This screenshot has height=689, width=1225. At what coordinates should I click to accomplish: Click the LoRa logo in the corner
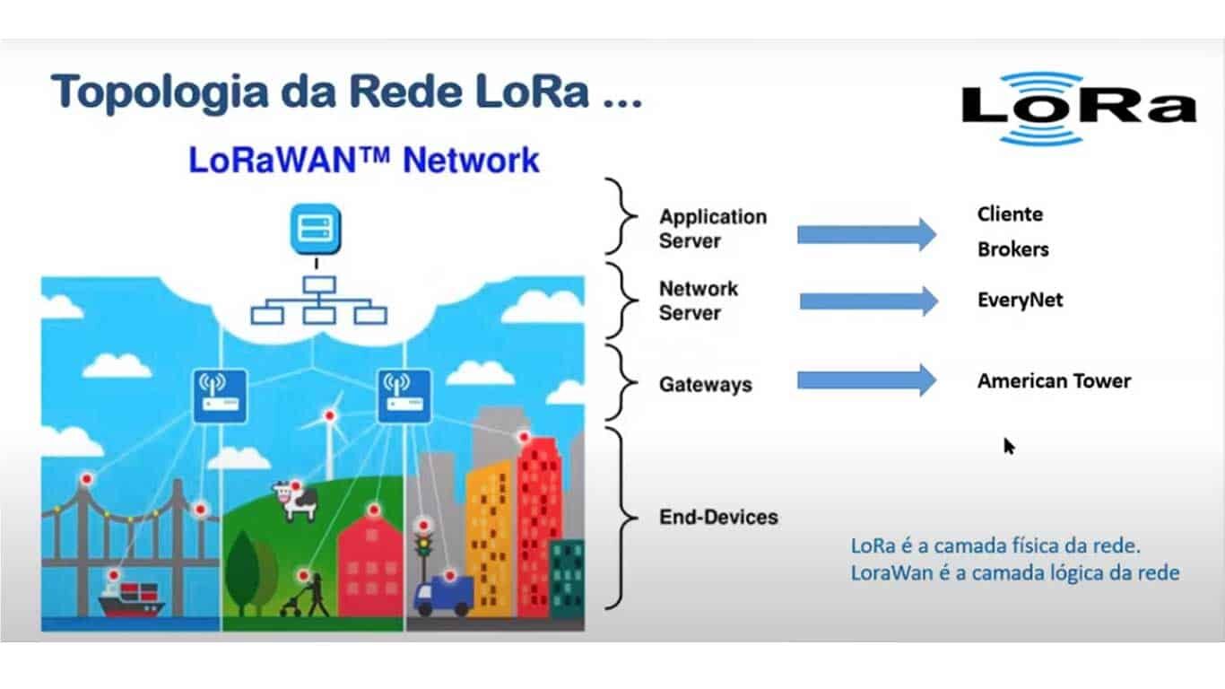(1079, 109)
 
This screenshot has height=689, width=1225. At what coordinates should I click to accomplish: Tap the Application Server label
(713, 229)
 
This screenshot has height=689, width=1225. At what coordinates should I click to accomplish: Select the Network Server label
(699, 301)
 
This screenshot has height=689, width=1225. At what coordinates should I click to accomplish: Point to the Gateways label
(706, 384)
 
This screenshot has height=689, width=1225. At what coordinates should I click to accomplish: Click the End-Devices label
(718, 517)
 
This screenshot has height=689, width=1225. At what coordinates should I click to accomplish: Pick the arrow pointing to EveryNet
(869, 301)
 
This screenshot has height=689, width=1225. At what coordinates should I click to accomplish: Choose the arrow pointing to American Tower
(867, 380)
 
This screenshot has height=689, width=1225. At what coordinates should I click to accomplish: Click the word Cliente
(1010, 214)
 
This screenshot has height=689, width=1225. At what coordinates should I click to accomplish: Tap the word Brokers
(1012, 249)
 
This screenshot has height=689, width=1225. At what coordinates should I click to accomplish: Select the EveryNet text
(1020, 300)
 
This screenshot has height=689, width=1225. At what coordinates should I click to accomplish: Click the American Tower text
(1054, 381)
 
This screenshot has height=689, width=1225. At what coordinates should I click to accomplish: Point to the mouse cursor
(1009, 446)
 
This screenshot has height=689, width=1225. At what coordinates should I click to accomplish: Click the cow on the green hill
(296, 501)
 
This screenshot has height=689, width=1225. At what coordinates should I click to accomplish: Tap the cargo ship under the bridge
(131, 598)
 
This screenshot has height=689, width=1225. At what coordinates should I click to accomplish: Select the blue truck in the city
(443, 596)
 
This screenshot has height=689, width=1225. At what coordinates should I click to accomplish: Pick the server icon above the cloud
(316, 230)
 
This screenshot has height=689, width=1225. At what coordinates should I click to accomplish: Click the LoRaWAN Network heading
(364, 160)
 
